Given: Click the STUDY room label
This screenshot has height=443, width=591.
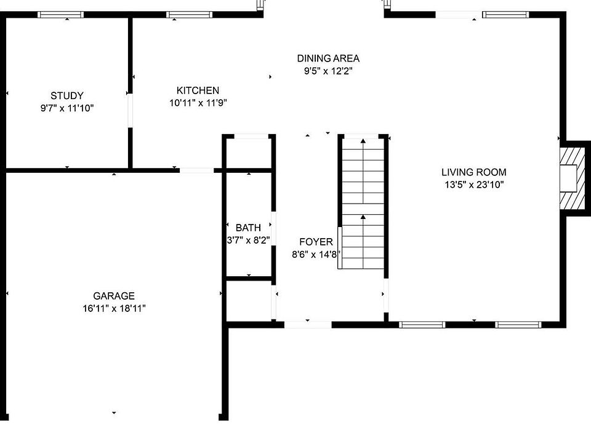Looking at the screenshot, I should click(67, 95).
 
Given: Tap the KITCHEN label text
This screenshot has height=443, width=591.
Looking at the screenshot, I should click(198, 90).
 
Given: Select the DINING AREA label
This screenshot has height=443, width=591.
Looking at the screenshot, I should click(328, 58).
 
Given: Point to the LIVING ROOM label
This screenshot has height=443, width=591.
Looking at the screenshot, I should click(473, 172).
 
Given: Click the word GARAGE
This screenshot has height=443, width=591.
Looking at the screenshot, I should click(114, 296).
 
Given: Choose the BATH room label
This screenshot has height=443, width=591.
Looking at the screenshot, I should click(248, 228).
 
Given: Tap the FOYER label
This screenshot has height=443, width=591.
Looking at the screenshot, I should click(316, 242).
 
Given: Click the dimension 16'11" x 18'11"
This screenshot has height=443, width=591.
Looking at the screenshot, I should click(114, 308).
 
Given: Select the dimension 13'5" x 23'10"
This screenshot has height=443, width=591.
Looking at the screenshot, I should click(473, 184).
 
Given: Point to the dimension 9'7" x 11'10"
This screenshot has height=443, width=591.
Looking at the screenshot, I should click(67, 108).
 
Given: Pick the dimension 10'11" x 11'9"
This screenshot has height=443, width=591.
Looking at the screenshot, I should click(198, 103).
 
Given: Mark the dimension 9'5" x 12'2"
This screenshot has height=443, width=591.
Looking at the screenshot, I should click(328, 71).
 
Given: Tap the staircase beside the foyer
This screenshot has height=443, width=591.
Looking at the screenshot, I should click(363, 203).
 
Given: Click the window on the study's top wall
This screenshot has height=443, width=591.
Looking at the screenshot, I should click(61, 15).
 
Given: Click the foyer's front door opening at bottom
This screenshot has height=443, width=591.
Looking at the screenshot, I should click(308, 324).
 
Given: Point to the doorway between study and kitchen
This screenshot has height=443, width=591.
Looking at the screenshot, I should click(130, 110).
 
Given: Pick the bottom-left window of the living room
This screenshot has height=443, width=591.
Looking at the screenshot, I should click(422, 324).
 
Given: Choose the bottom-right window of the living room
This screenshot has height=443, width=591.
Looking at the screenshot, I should click(519, 324).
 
